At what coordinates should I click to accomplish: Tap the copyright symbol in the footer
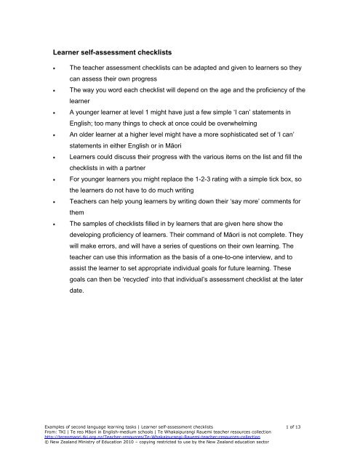point(47,453)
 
